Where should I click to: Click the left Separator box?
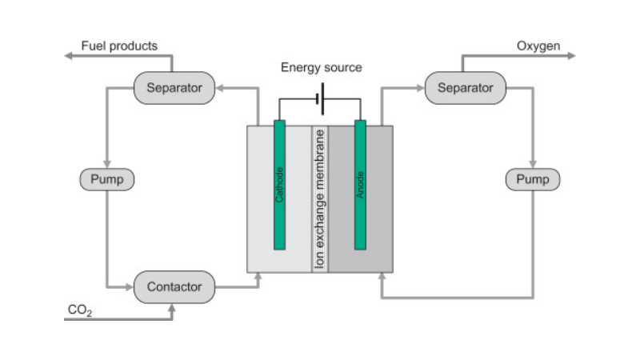[174, 87]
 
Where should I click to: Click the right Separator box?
[465, 87]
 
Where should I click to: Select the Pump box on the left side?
[106, 179]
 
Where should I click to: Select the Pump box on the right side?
[533, 179]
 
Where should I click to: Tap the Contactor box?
[174, 286]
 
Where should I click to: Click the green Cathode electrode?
[279, 183]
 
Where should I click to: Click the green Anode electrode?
[360, 183]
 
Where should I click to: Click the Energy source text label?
[321, 67]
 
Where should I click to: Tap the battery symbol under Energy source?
[320, 100]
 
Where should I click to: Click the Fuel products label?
[119, 46]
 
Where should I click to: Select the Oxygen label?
[538, 46]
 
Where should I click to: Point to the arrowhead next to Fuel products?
[70, 56]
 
